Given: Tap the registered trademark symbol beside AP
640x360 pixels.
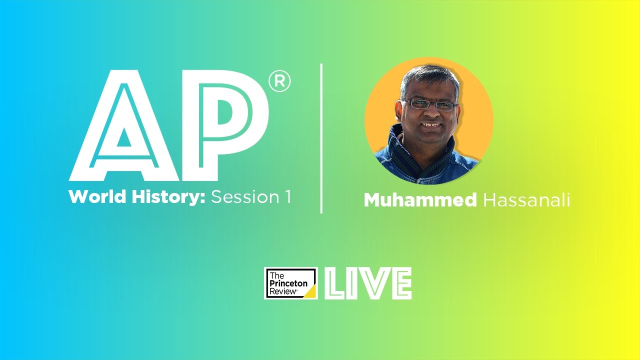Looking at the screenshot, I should tap(279, 82).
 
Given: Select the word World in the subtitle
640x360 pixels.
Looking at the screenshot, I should tap(95, 197).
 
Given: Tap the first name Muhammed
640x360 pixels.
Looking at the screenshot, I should tap(420, 200).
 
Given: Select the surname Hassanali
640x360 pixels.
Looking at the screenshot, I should tap(526, 200).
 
